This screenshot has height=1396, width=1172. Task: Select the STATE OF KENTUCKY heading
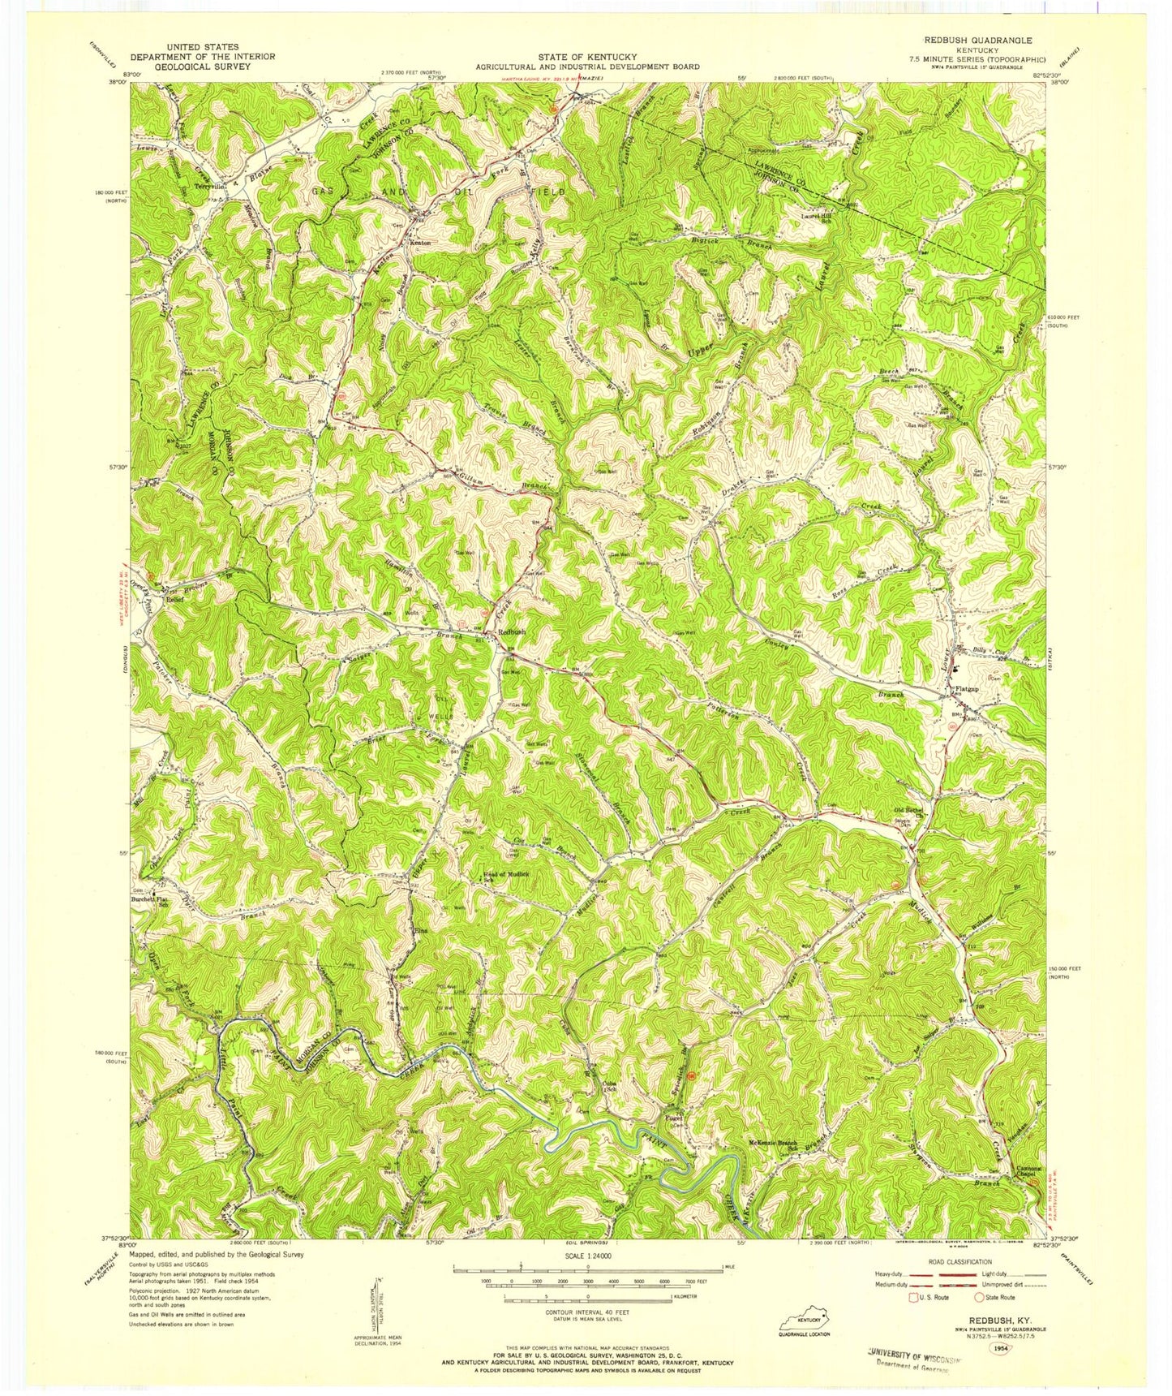[x=586, y=58]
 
